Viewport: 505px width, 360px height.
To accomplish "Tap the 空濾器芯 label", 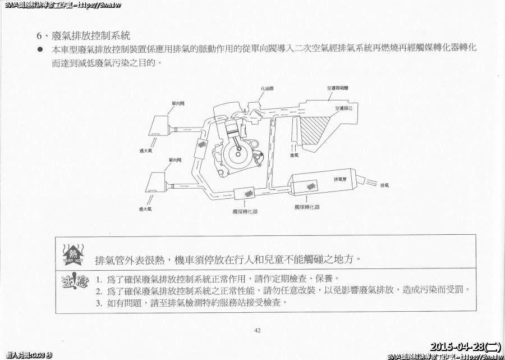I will pyautogui.click(x=344, y=108).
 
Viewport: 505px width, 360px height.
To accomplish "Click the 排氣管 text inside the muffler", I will pyautogui.click(x=340, y=179).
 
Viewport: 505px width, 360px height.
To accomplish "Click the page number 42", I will pyautogui.click(x=258, y=330).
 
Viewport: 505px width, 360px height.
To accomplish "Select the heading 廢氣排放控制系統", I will pyautogui.click(x=90, y=36).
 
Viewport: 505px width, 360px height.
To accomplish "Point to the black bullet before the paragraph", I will pyautogui.click(x=40, y=49).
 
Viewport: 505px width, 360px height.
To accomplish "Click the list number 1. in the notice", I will pyautogui.click(x=98, y=279).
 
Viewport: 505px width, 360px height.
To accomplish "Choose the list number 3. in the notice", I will pyautogui.click(x=98, y=303).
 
